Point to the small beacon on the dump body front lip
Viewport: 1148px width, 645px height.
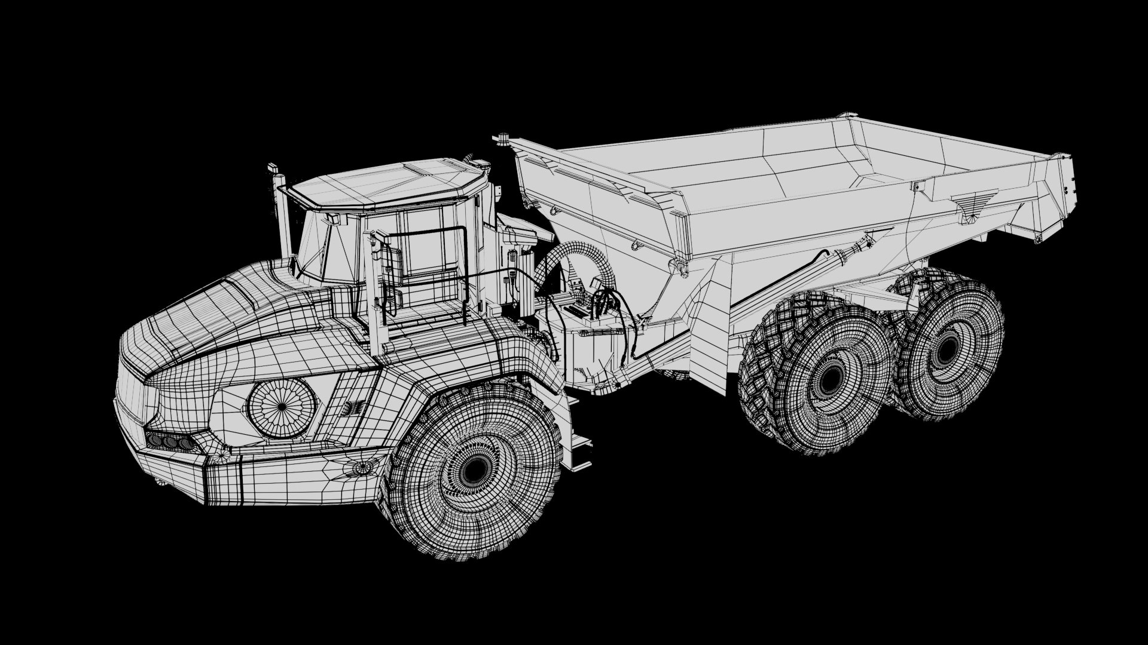501,139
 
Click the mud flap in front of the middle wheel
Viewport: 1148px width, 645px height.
709,334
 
